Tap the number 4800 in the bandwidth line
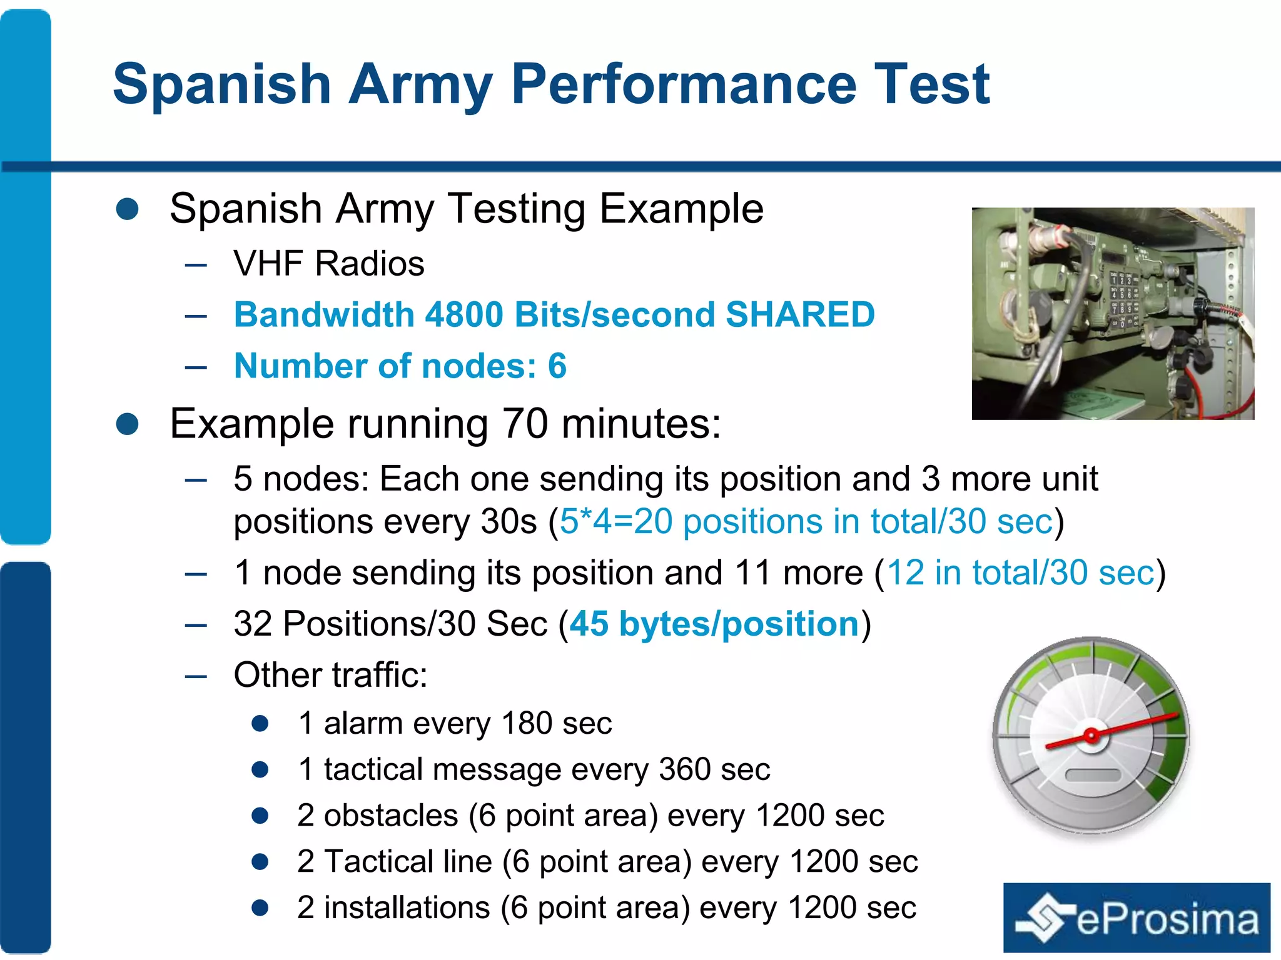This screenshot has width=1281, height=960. [463, 314]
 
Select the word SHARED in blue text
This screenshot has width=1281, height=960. [799, 314]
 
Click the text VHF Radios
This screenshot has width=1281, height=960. [328, 263]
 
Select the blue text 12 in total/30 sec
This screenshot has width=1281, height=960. [1020, 572]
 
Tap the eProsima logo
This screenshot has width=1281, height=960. [1137, 917]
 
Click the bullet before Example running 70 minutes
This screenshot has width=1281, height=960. [128, 424]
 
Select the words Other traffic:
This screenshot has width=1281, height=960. [330, 675]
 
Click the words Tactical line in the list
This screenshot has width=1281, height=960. [408, 861]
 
